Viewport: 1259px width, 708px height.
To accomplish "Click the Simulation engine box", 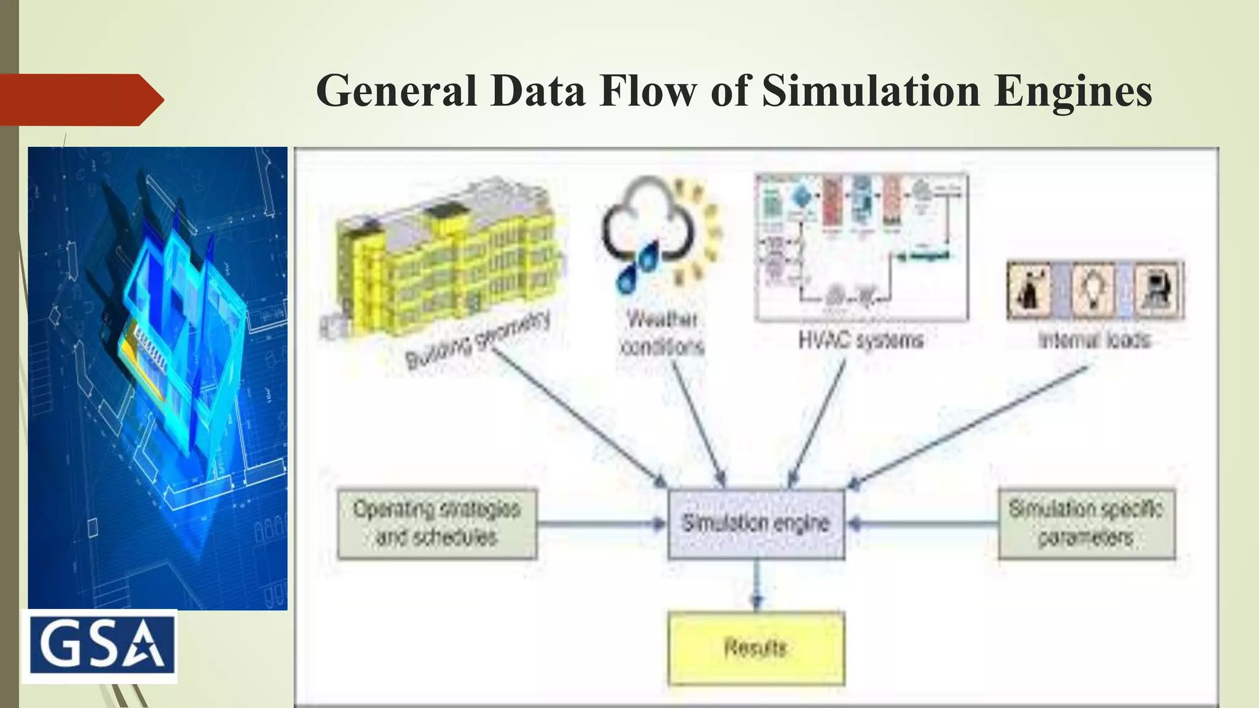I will (x=756, y=524).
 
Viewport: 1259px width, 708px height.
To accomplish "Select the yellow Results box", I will (x=756, y=648).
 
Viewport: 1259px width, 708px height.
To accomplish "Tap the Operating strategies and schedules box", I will (x=437, y=524).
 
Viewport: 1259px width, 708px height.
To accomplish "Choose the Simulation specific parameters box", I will (x=1086, y=524).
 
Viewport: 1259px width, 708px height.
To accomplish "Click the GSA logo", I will (x=100, y=646).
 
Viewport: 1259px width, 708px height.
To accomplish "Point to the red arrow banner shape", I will (x=80, y=100).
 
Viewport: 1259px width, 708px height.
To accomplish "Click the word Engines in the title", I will (x=1073, y=91).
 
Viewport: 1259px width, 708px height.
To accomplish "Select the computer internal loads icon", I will (x=1158, y=290).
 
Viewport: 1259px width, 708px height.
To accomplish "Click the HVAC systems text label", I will (x=861, y=340).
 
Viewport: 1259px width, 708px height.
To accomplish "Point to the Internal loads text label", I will (x=1095, y=340).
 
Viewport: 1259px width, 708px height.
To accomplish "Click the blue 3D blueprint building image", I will (x=157, y=378).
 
